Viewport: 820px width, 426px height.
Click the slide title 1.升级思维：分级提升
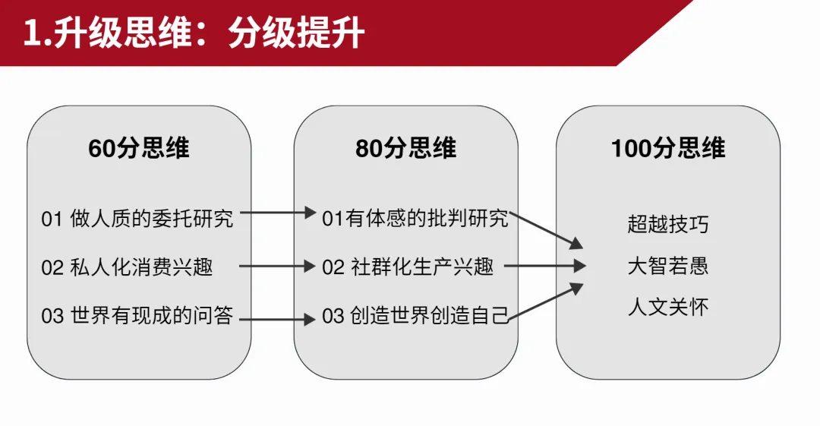point(194,34)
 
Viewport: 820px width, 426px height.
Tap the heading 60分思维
point(139,148)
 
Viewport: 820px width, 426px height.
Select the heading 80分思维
point(406,148)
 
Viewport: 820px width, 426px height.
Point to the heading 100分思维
point(668,148)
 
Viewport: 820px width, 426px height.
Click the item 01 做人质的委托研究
point(137,219)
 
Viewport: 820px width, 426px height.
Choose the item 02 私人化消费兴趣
point(127,267)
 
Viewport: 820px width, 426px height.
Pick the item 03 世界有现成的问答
point(137,315)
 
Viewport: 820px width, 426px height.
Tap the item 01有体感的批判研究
point(415,219)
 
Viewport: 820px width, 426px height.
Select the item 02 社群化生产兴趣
point(408,267)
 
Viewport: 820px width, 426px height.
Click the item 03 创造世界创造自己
point(415,315)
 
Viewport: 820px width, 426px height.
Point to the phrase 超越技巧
point(668,224)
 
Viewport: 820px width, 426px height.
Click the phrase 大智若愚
point(668,267)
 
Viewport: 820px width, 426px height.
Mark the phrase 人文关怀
point(668,308)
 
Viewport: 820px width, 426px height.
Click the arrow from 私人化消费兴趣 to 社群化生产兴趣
point(276,267)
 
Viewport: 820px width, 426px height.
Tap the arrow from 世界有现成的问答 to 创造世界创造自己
point(282,320)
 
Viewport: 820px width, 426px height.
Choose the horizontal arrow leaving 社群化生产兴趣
point(545,266)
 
